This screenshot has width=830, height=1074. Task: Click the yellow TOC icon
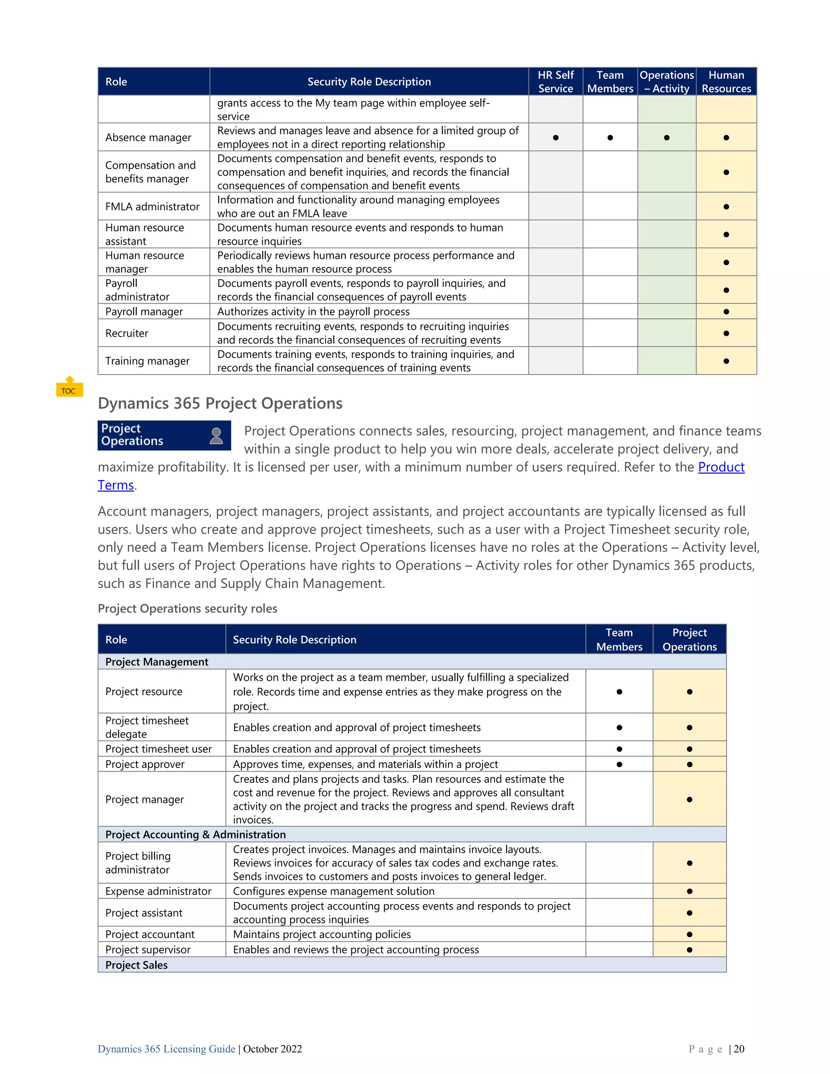pyautogui.click(x=69, y=387)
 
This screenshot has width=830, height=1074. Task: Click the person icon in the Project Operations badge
pyautogui.click(x=216, y=436)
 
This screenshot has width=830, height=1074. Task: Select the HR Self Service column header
pyautogui.click(x=555, y=81)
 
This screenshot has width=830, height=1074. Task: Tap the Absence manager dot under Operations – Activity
pyautogui.click(x=666, y=138)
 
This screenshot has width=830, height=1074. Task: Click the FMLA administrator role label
pyautogui.click(x=152, y=207)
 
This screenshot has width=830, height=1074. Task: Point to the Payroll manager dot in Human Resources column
pyautogui.click(x=726, y=312)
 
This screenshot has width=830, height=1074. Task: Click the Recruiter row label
pyautogui.click(x=127, y=334)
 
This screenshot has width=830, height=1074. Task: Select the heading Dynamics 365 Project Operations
pyautogui.click(x=220, y=403)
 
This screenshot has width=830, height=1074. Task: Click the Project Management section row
pyautogui.click(x=157, y=662)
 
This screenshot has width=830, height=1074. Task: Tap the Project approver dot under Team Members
pyautogui.click(x=619, y=764)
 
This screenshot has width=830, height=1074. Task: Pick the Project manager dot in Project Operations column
pyautogui.click(x=689, y=800)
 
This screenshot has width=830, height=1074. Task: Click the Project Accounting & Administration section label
pyautogui.click(x=195, y=834)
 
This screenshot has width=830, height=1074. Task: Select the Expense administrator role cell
pyautogui.click(x=158, y=891)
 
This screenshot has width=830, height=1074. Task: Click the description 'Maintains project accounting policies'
pyautogui.click(x=321, y=934)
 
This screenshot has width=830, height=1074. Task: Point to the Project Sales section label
pyautogui.click(x=136, y=965)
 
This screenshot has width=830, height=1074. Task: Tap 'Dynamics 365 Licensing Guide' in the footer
pyautogui.click(x=166, y=1049)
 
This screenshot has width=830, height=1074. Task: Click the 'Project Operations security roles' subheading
pyautogui.click(x=187, y=609)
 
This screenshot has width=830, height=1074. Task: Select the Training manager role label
pyautogui.click(x=147, y=361)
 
